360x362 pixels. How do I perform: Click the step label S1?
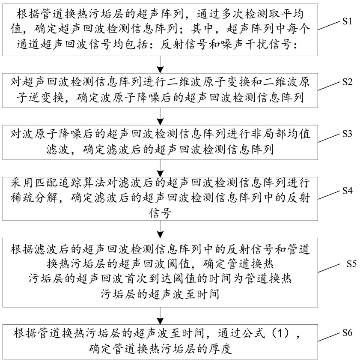347,21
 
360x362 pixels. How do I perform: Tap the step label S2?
347,82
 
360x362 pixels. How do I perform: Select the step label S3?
347,134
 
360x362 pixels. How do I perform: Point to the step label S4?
347,191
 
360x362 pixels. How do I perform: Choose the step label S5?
352,264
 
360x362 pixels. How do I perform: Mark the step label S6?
347,333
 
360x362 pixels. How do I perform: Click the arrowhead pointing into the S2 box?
160,70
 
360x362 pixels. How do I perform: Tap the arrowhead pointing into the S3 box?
160,122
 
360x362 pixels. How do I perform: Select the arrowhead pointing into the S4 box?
160,174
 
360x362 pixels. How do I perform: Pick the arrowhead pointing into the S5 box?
160,235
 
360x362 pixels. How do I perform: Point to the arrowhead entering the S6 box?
160,321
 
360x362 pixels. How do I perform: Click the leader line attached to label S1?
329,26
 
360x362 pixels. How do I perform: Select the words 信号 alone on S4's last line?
160,213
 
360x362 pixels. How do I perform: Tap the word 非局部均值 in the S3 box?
280,135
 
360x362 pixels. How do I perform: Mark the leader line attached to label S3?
329,138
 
